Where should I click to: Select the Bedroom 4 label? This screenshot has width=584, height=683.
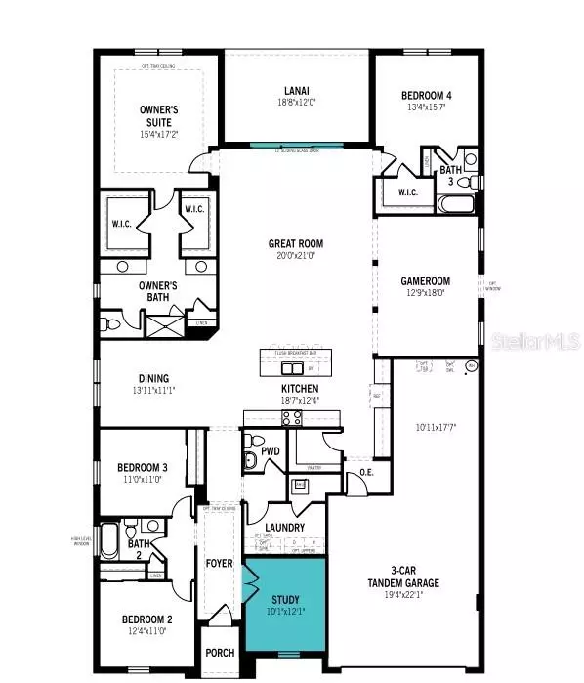(427, 96)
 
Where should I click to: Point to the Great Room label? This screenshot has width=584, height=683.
(296, 244)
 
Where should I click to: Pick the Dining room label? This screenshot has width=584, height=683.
(153, 379)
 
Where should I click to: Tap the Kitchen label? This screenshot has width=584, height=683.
(294, 388)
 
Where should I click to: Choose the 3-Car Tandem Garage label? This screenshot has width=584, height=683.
(410, 576)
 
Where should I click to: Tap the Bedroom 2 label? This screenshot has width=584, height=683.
(146, 619)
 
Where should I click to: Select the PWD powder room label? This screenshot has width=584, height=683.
(271, 451)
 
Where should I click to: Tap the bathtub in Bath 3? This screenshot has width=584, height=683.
(456, 205)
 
